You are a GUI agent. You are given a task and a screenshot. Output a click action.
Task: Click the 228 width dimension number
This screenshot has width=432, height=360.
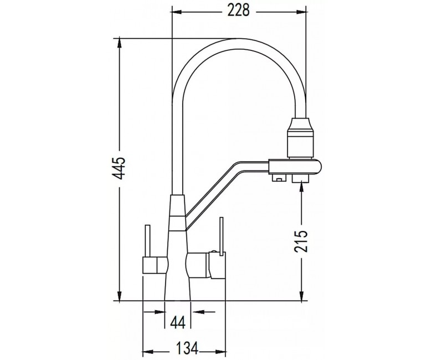(x=239, y=11)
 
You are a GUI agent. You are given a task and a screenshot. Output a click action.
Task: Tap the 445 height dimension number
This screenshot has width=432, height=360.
(x=120, y=168)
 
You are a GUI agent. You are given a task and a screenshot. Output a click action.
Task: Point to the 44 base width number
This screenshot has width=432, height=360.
(x=177, y=321)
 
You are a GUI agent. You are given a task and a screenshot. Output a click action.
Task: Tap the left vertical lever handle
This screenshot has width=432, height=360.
(x=147, y=241)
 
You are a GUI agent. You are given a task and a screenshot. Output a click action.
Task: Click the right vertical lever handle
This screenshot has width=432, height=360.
(x=221, y=236)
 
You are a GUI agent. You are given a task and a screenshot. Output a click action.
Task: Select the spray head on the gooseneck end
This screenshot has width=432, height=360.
(x=299, y=138)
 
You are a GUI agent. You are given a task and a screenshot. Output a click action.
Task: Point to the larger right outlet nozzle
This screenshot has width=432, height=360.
(x=300, y=179)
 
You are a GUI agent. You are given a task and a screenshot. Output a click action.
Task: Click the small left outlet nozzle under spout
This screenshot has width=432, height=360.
(x=279, y=178)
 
